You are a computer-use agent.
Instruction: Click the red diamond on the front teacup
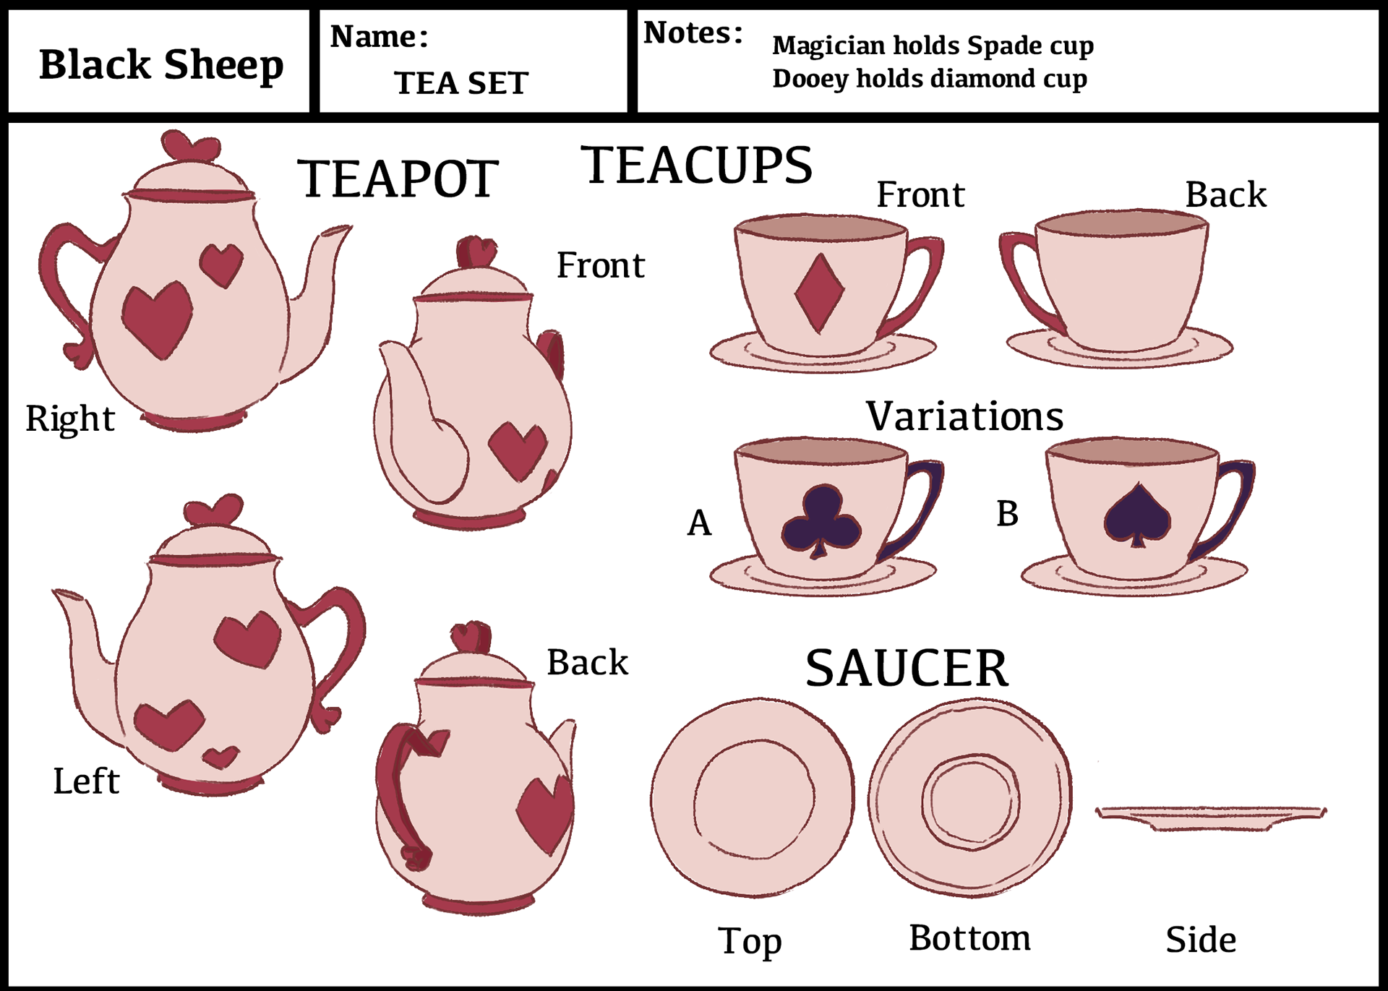coord(819,293)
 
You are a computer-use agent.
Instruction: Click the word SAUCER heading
coord(907,669)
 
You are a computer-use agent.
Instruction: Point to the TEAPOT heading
coord(398,179)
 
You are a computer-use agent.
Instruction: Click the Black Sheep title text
coord(160,65)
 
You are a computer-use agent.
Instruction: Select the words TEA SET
coord(461,83)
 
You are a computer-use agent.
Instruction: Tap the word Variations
coord(964,416)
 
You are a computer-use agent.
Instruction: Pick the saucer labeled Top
coord(752,798)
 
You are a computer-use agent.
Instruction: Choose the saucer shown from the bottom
coord(969,798)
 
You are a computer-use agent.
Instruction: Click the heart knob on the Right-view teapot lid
coord(190,147)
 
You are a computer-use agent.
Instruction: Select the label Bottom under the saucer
coord(969,938)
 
